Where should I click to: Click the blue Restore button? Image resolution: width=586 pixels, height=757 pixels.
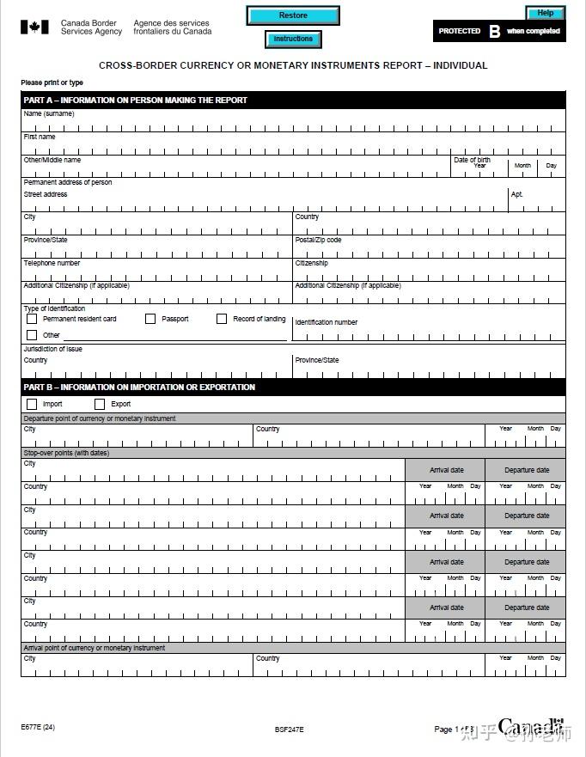point(293,15)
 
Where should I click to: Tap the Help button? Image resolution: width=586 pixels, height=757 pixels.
point(545,13)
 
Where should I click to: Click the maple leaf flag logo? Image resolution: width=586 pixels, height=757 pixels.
point(34,27)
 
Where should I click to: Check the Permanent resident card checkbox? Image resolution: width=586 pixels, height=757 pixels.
point(32,319)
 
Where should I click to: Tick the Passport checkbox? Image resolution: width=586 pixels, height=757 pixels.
point(150,319)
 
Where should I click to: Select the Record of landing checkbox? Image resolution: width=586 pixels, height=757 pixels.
point(222,319)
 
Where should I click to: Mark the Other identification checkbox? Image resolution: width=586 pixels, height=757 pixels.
point(32,335)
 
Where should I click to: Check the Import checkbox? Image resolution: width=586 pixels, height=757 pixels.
point(32,404)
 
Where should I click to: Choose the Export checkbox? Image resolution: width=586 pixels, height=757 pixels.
point(100,404)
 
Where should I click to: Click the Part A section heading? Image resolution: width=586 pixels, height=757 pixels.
point(136,101)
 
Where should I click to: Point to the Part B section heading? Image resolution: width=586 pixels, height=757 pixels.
point(139,388)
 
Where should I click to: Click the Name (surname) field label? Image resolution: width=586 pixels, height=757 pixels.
point(49,114)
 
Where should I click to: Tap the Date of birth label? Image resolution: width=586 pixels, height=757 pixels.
point(472,160)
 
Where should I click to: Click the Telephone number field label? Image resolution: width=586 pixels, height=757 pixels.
point(52,263)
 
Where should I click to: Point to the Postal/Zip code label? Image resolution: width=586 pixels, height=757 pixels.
point(318,240)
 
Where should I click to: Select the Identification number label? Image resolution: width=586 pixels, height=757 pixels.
point(326,322)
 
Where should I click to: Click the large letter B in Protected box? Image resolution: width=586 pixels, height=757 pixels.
point(494,32)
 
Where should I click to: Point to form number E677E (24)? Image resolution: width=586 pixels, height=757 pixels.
point(38,728)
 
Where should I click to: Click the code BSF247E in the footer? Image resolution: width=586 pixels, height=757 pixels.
point(290,730)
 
